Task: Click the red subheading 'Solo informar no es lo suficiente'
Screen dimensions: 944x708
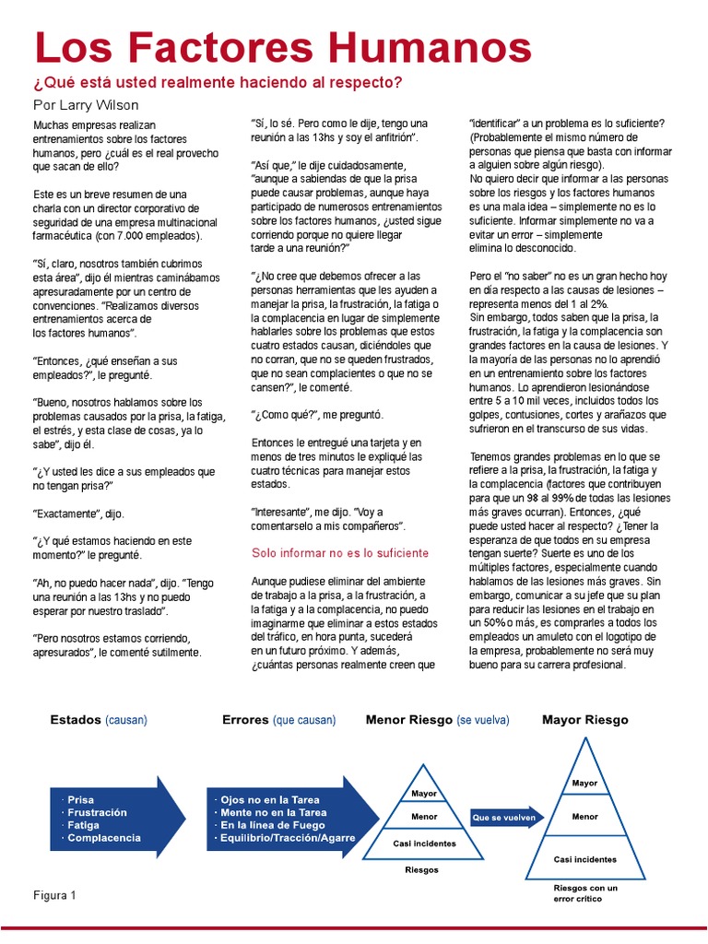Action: [340, 553]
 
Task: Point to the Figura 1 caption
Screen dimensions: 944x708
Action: [54, 895]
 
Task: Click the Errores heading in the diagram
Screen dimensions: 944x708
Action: [245, 719]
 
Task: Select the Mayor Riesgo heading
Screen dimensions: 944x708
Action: [584, 719]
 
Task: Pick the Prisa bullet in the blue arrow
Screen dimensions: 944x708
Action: [80, 799]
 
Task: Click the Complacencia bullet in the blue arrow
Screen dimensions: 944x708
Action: [103, 838]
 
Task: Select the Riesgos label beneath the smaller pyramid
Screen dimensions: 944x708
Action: [422, 869]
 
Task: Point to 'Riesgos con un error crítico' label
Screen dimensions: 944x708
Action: [584, 892]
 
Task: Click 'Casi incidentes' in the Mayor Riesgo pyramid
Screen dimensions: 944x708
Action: [584, 859]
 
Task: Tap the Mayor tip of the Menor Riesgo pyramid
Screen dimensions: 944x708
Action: [424, 793]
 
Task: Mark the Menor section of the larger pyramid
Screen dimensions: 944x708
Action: [584, 817]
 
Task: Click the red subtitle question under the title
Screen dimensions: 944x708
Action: [218, 82]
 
